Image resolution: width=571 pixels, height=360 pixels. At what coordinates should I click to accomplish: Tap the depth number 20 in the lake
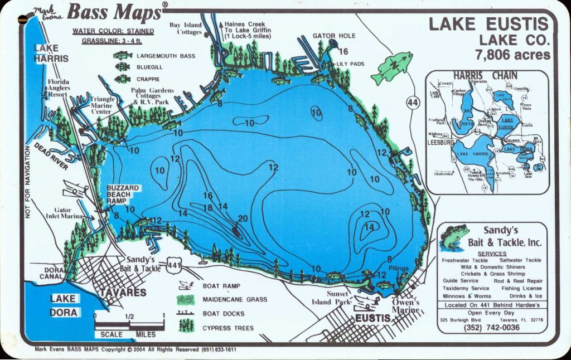click(x=242, y=218)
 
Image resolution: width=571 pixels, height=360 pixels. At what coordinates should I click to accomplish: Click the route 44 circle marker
click(x=413, y=103)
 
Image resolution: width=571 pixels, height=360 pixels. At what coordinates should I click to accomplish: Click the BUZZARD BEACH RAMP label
click(x=123, y=195)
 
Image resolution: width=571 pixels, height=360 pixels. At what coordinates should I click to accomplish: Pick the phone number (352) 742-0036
click(x=491, y=328)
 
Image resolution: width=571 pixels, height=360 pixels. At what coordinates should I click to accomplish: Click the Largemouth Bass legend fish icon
click(x=123, y=56)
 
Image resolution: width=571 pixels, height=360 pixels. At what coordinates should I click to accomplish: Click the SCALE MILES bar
click(x=129, y=328)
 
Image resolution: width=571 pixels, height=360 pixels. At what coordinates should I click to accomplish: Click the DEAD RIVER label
click(x=51, y=157)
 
